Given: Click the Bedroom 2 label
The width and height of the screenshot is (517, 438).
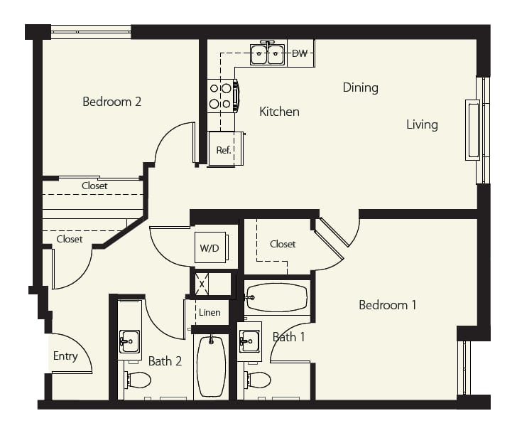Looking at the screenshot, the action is point(111,102).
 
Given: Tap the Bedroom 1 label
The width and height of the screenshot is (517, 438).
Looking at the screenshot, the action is point(388,305).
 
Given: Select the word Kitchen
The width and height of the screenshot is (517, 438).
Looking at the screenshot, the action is point(279,112).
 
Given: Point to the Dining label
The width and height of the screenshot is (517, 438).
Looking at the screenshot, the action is point(360,87).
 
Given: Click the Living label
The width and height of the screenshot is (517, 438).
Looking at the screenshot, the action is point(422,124).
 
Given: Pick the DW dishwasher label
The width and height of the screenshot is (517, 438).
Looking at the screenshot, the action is point(300,53).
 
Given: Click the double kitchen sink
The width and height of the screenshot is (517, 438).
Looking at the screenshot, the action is point(268,54).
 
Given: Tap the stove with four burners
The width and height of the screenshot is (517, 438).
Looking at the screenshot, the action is point(222,96).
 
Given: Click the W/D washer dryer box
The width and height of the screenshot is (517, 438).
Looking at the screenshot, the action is point(211,247).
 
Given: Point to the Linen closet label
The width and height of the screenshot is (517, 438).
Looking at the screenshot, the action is point(209,313).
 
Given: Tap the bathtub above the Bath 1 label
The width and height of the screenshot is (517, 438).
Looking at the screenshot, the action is point(277,297).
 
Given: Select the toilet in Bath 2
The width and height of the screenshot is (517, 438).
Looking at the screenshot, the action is point(138,380).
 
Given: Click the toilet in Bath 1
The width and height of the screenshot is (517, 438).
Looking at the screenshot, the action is point(258,380).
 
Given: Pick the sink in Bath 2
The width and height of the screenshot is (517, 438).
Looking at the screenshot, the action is point(129,341).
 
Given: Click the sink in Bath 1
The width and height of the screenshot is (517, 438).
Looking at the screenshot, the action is point(249,341).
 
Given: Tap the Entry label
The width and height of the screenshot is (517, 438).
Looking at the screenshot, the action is point(65,356).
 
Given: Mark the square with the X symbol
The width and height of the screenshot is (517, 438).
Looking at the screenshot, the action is point(202,284).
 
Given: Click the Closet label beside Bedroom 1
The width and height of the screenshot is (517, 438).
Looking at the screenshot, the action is point(283,245).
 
